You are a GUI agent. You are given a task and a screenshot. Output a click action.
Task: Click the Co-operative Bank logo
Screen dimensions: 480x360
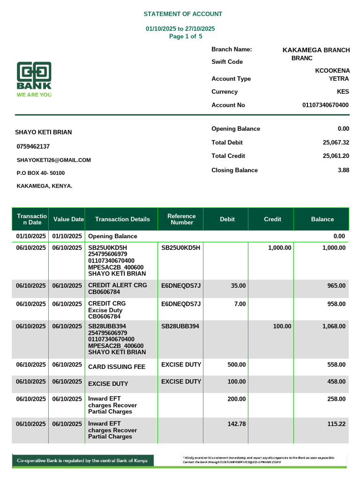point(34,80)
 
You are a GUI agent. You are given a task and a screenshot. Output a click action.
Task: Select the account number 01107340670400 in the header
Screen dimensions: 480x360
point(325,105)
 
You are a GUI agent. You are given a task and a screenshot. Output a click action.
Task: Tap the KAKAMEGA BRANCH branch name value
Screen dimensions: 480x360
point(316,50)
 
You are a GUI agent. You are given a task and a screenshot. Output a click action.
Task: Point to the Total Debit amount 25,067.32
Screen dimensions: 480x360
point(336,142)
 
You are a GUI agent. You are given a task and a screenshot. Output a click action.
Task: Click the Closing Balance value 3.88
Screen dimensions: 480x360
point(343,171)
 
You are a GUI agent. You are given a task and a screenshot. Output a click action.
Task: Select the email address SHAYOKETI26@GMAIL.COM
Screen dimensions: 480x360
point(53,160)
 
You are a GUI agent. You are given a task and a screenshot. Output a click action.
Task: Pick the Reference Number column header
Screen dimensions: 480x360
point(181,219)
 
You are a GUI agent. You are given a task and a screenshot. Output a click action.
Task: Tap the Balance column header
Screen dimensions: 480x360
point(322,219)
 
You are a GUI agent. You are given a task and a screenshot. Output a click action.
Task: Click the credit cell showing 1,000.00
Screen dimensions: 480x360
point(279,248)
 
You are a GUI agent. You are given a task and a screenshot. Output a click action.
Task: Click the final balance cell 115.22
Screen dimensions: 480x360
point(336,423)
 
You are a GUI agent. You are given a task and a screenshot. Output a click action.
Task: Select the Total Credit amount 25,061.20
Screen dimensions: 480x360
point(336,156)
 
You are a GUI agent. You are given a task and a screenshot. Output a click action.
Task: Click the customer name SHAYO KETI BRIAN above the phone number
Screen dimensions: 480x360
point(44,132)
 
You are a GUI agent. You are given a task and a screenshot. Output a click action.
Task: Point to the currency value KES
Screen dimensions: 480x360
point(343,92)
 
